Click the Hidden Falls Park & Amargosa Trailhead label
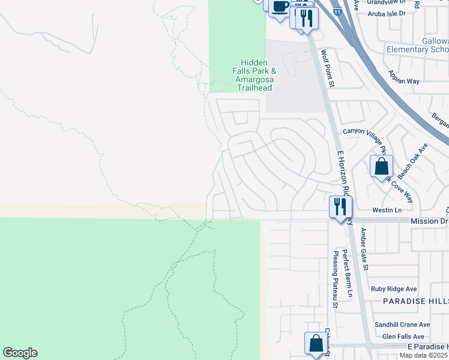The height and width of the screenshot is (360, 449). point(254,75)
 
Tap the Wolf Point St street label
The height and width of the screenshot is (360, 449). point(327,68)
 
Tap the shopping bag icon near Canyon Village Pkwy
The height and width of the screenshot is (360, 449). point(381,167)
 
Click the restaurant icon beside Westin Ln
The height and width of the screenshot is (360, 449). point(340,207)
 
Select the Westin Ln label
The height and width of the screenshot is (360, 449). point(387,210)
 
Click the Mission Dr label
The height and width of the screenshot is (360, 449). point(429,221)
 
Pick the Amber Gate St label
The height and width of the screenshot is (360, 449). point(365,248)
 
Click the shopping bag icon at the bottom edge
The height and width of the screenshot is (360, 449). point(316,344)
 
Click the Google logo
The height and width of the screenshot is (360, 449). point(20,353)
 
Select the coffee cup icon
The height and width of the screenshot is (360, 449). point(280,7)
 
